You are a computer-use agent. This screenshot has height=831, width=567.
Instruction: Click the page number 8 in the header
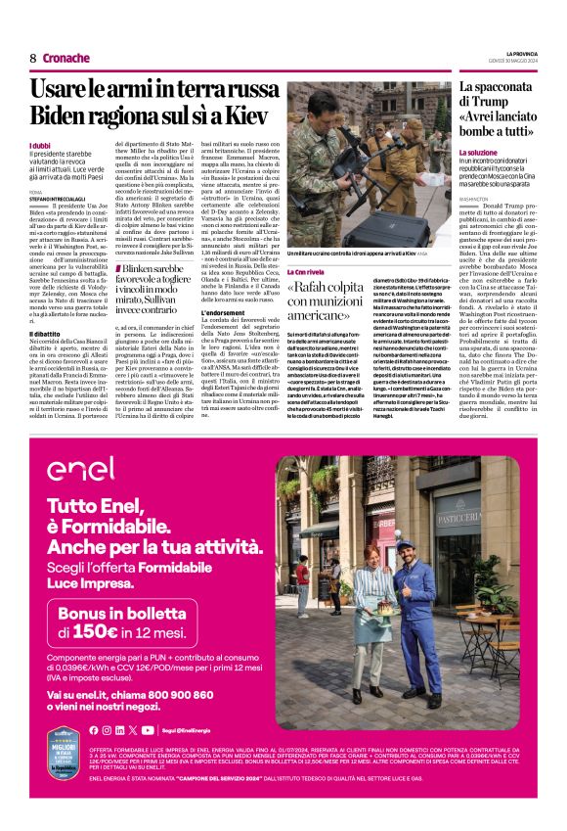[33, 58]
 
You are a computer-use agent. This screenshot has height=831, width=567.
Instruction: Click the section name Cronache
[66, 58]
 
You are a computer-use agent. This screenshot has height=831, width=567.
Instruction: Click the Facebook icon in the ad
[94, 729]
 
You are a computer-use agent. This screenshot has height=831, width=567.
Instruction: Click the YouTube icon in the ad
[147, 729]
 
